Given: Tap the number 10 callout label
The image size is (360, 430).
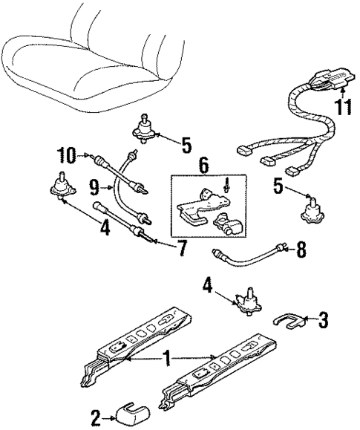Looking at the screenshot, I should click(68, 155).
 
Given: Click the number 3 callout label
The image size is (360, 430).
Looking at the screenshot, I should click(323, 321).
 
